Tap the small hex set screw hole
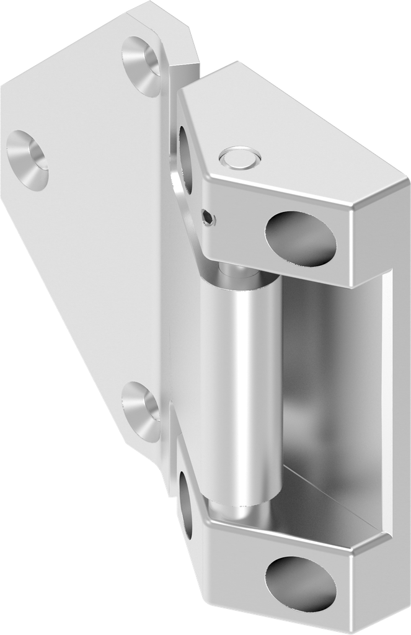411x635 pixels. click(x=210, y=216)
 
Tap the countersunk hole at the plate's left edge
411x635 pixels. click(x=27, y=159)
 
